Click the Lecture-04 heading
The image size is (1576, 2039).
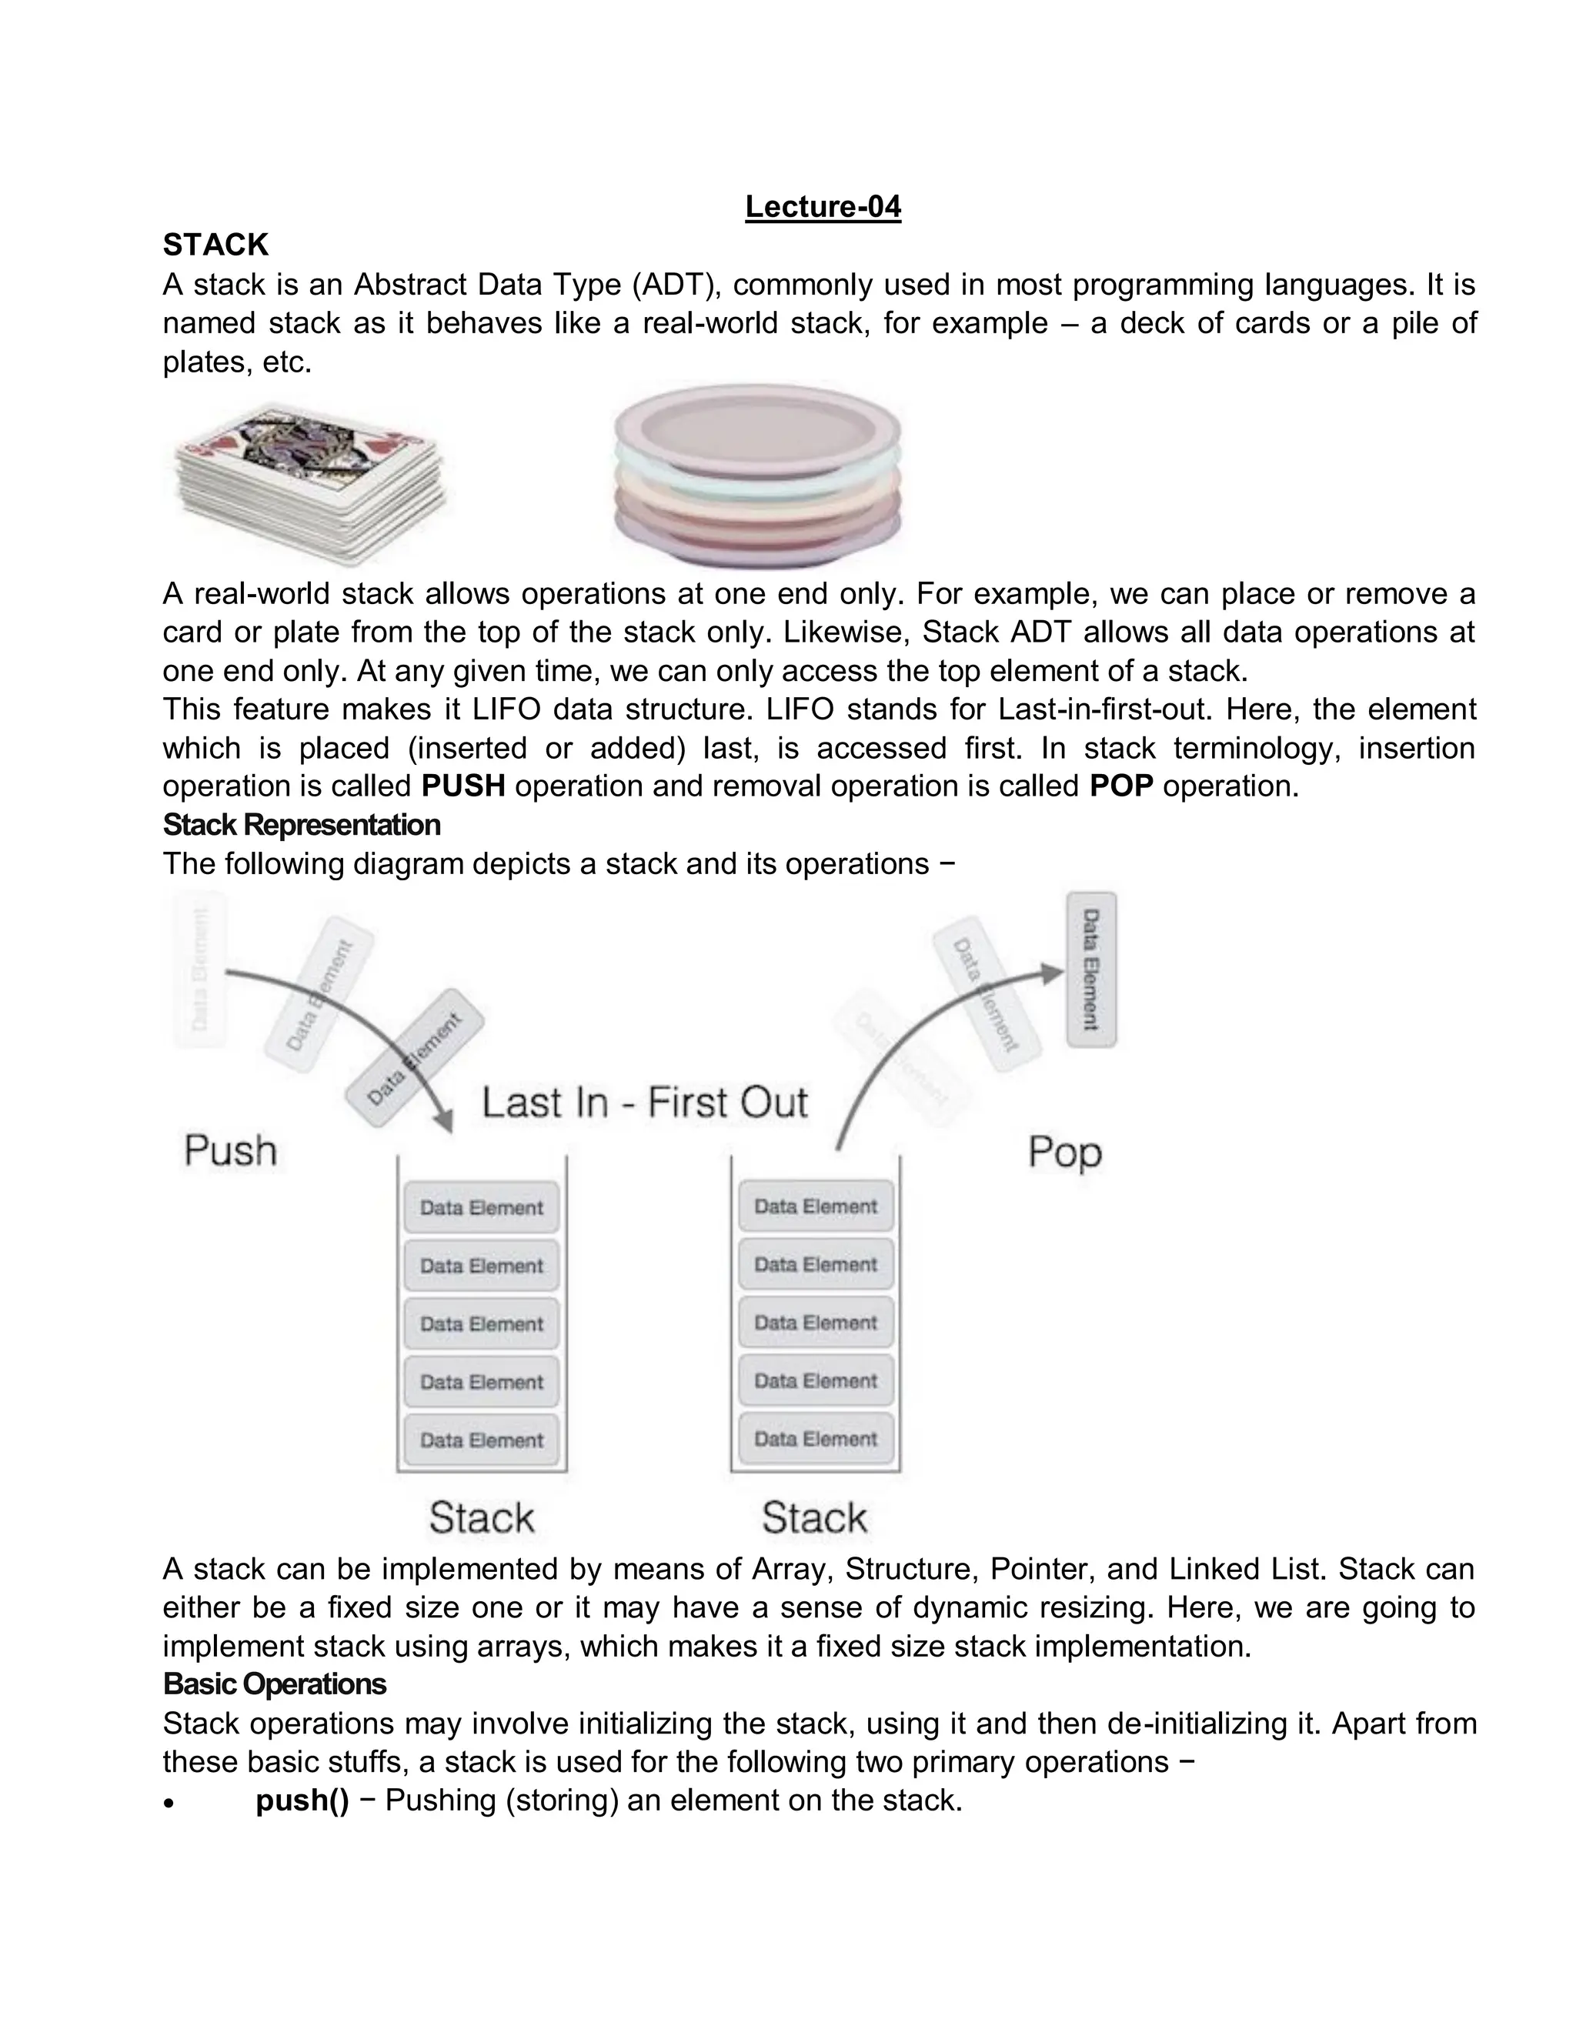pyautogui.click(x=823, y=206)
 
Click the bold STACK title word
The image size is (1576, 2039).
pyautogui.click(x=215, y=245)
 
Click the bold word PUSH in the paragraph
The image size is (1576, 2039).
pyautogui.click(x=463, y=786)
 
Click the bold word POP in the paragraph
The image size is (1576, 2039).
pyautogui.click(x=1121, y=786)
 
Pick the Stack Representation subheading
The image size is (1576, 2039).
pyautogui.click(x=302, y=824)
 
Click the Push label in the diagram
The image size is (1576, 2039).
pyautogui.click(x=231, y=1150)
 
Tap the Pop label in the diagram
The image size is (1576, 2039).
pyautogui.click(x=1064, y=1152)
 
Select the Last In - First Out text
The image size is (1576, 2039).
pyautogui.click(x=644, y=1103)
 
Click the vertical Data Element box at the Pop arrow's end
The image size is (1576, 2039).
pyautogui.click(x=1090, y=969)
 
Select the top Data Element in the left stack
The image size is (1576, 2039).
pyautogui.click(x=481, y=1207)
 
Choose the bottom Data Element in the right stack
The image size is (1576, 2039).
pyautogui.click(x=815, y=1439)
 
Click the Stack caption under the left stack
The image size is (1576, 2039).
pyautogui.click(x=481, y=1517)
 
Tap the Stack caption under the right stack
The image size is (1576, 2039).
pyautogui.click(x=814, y=1517)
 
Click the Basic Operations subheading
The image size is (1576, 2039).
pyautogui.click(x=275, y=1684)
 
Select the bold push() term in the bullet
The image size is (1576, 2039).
pyautogui.click(x=302, y=1800)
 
